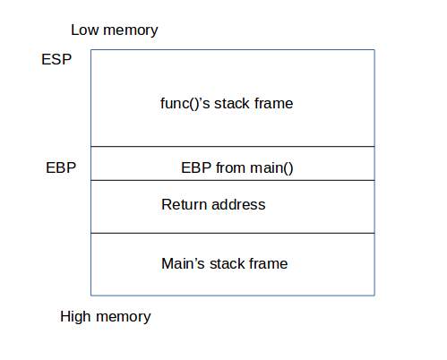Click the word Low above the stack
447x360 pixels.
point(85,30)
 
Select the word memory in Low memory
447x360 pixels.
point(130,30)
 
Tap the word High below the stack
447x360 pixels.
point(76,316)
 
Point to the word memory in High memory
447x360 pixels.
point(123,316)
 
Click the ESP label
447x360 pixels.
point(56,60)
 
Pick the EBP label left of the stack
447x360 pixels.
point(60,167)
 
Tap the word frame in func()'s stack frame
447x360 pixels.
point(272,103)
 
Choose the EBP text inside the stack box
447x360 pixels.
point(195,167)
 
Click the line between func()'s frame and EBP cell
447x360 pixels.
point(232,146)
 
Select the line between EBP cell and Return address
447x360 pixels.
point(232,180)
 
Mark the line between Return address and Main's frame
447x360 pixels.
point(232,233)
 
